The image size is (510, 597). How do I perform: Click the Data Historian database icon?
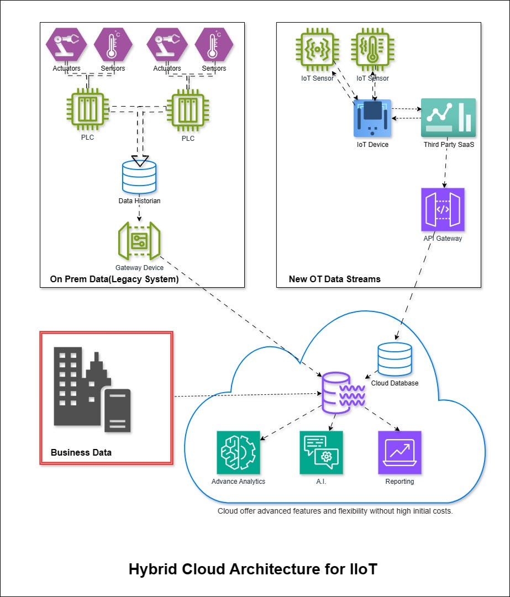139,176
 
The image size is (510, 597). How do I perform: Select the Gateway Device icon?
139,241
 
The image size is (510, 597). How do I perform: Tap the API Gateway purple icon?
443,209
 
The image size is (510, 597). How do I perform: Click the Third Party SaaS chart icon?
448,118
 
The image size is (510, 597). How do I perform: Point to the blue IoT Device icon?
372,118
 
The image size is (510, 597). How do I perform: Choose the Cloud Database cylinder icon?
395,359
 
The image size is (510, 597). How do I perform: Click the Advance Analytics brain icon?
238,452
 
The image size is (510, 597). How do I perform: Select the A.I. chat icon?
321,452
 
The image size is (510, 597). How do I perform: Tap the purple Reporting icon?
399,452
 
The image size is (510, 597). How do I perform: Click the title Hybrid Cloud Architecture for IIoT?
253,569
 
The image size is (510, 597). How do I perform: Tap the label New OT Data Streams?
334,279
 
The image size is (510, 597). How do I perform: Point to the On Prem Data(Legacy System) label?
114,279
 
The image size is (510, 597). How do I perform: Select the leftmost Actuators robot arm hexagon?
67,45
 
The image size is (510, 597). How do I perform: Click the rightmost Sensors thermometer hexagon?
214,45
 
